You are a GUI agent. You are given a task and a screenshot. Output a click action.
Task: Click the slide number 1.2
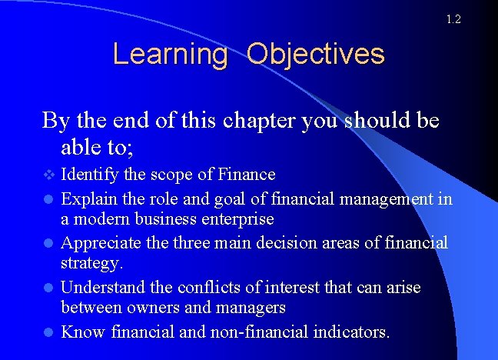(453, 19)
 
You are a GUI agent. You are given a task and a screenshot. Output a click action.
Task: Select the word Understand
(99, 287)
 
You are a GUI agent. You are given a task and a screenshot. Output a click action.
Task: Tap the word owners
(152, 308)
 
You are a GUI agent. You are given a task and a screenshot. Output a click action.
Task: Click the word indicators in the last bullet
(352, 332)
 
